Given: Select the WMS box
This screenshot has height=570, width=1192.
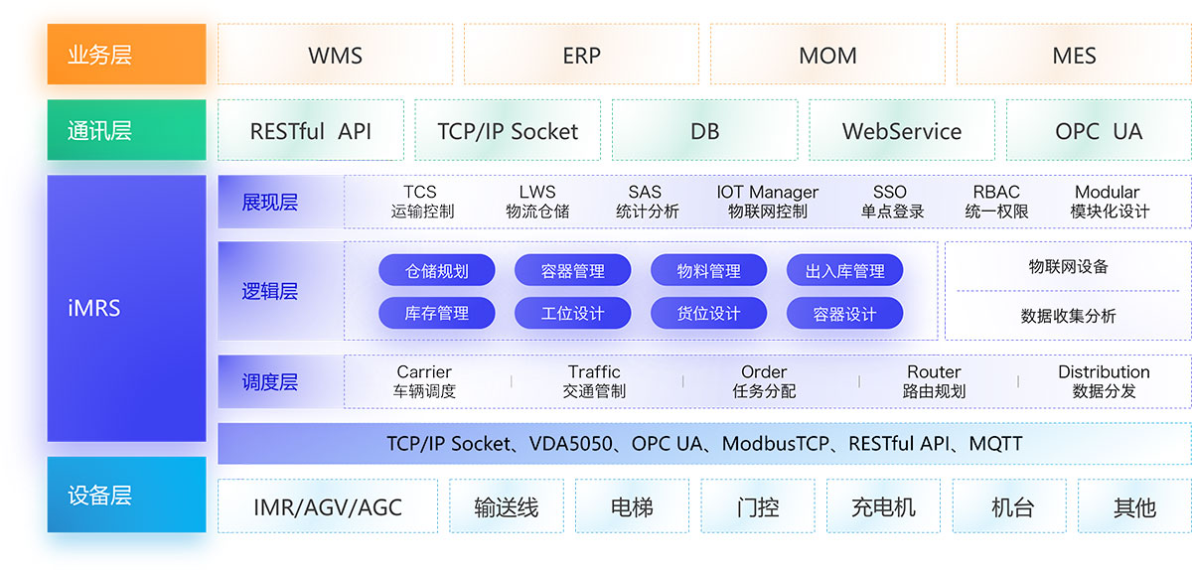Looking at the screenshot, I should coord(335,55).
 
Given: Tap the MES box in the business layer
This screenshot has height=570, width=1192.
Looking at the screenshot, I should coord(1074,55).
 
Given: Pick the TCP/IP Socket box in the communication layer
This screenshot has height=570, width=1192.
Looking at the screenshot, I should coord(508,130).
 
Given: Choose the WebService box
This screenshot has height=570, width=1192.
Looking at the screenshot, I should coord(901,130).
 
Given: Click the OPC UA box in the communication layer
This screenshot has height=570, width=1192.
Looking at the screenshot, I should coord(1099,130).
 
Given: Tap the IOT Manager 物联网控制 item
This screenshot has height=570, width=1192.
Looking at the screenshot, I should coord(767,202).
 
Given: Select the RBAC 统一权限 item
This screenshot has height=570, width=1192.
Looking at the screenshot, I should coord(996,202).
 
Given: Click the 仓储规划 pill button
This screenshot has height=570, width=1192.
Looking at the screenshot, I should coord(437,270).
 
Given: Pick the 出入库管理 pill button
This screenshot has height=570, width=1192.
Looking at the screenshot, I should coord(844,270).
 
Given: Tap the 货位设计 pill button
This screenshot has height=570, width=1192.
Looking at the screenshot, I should coord(708,314).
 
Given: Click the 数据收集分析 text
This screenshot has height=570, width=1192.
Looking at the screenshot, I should coord(1068,316).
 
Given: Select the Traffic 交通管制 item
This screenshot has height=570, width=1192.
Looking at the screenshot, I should coord(594,381).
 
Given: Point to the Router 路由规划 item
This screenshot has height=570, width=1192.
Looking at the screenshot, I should coord(934,381).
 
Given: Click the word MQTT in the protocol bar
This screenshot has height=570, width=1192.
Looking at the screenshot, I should coord(995,444).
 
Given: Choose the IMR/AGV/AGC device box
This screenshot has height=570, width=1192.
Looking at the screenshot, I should coord(327,507).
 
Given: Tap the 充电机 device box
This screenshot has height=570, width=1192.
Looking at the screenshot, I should coord(883,507).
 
